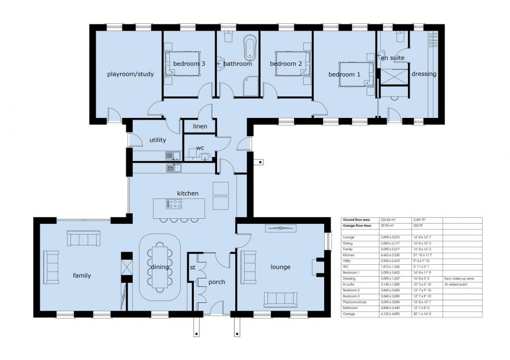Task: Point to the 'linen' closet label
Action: coord(200,126)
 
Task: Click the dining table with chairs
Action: coord(160,267)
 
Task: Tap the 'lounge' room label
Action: coord(280,267)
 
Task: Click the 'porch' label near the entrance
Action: coord(217,282)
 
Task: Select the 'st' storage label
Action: coord(193,267)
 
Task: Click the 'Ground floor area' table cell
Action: coord(356,219)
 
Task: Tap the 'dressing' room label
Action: coord(423,74)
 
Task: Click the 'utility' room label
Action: coord(158,139)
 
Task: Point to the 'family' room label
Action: coord(82,276)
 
